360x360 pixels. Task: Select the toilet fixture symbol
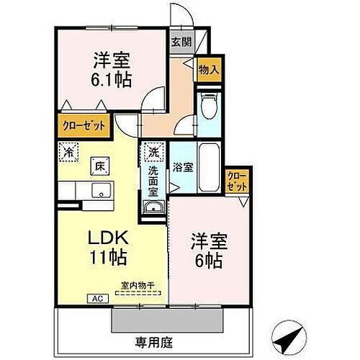209,107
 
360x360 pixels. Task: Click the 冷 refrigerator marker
68,152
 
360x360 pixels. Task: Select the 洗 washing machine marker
153,152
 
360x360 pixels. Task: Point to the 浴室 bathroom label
182,168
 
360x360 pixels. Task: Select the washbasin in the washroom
153,208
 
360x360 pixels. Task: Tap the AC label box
95,297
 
